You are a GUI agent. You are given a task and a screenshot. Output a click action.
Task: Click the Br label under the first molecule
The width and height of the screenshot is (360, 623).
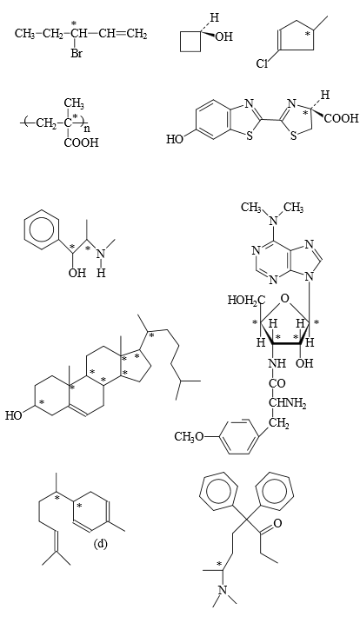click(77, 53)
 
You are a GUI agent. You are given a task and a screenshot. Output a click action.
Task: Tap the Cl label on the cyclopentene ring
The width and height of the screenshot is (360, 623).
click(263, 63)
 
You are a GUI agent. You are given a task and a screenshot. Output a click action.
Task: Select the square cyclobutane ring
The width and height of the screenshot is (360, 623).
click(190, 42)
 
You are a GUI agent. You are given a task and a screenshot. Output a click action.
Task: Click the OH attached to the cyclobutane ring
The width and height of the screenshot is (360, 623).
click(224, 37)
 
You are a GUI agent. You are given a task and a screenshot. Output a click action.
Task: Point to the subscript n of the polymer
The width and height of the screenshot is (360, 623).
click(87, 129)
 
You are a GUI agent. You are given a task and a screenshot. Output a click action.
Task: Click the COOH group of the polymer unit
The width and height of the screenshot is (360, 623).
click(81, 142)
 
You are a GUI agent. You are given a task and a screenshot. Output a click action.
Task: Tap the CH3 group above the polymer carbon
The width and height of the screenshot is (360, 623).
click(74, 105)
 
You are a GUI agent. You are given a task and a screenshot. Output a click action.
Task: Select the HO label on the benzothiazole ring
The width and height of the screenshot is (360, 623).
click(175, 140)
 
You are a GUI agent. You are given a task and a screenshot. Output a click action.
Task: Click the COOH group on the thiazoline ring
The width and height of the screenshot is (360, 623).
click(342, 119)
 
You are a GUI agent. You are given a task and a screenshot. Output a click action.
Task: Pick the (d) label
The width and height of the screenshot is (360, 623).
click(100, 544)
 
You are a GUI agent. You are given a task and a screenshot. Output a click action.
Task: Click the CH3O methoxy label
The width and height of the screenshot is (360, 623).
click(190, 437)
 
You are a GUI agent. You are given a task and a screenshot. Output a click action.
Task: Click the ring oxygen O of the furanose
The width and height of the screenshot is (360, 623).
click(284, 298)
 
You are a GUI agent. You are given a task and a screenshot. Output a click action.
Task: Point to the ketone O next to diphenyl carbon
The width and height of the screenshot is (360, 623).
click(277, 523)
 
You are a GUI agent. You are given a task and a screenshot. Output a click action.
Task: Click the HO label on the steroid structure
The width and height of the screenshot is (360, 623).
click(14, 415)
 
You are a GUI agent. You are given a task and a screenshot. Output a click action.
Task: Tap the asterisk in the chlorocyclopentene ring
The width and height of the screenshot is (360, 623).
click(307, 35)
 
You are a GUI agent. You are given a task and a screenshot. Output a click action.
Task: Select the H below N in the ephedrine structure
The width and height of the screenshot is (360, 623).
click(101, 274)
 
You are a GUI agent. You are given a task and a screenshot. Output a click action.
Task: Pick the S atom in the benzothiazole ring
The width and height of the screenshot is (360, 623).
click(250, 136)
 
